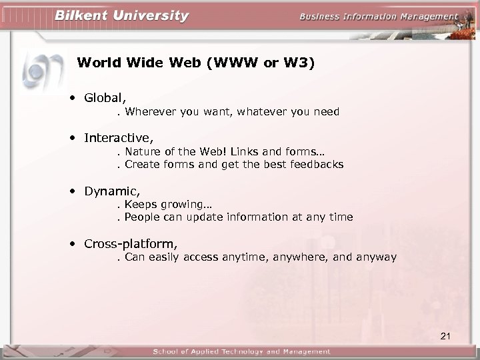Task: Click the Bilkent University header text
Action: (x=121, y=15)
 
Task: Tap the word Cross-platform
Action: (x=130, y=244)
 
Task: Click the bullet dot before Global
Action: (x=71, y=99)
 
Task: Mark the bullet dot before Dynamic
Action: (x=71, y=192)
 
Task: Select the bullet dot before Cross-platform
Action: (x=71, y=245)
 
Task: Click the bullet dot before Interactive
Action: (x=71, y=139)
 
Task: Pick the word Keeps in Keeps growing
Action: (x=139, y=205)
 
